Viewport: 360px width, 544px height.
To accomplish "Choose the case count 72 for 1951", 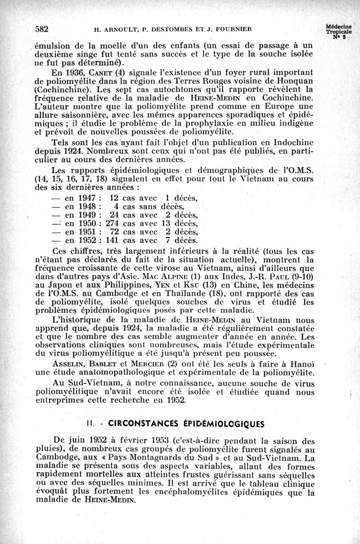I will [115, 231].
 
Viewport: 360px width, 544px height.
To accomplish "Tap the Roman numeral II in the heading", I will [90, 424].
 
